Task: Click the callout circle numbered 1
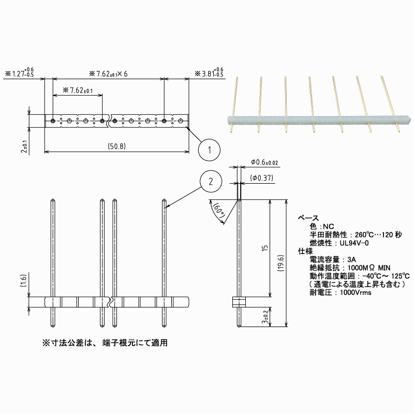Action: pos(209,150)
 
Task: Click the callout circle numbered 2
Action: pos(211,182)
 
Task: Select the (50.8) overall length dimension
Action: pos(117,146)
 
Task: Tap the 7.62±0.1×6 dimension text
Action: pos(108,73)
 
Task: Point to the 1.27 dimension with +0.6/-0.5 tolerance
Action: pos(20,72)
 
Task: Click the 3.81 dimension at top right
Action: pos(209,72)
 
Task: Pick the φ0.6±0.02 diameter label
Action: pos(264,162)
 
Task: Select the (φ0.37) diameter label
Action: pos(262,178)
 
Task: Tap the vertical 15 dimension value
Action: pos(265,248)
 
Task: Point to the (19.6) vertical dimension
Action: pos(280,263)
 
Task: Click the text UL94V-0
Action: pos(354,243)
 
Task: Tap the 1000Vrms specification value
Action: pos(356,292)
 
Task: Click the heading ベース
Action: pos(308,218)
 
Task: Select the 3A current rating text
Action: pos(351,260)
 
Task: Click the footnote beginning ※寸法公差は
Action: pos(105,343)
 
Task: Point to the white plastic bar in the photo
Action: pos(319,120)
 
